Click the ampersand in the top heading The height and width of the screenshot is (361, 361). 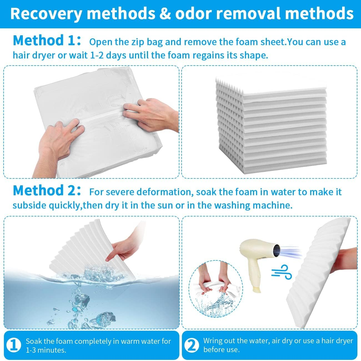coord(165,13)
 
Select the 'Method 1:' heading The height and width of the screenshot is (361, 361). coord(47,40)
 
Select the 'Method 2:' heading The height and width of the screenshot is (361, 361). coord(47,190)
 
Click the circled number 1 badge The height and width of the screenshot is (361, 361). coord(14,345)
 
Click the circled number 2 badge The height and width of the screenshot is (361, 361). coord(191,345)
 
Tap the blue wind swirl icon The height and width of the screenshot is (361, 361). coord(282,272)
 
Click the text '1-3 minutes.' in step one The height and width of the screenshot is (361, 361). coord(46,350)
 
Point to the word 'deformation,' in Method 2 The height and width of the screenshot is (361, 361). coord(165,192)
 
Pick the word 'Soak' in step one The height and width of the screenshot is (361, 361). coord(34,341)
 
